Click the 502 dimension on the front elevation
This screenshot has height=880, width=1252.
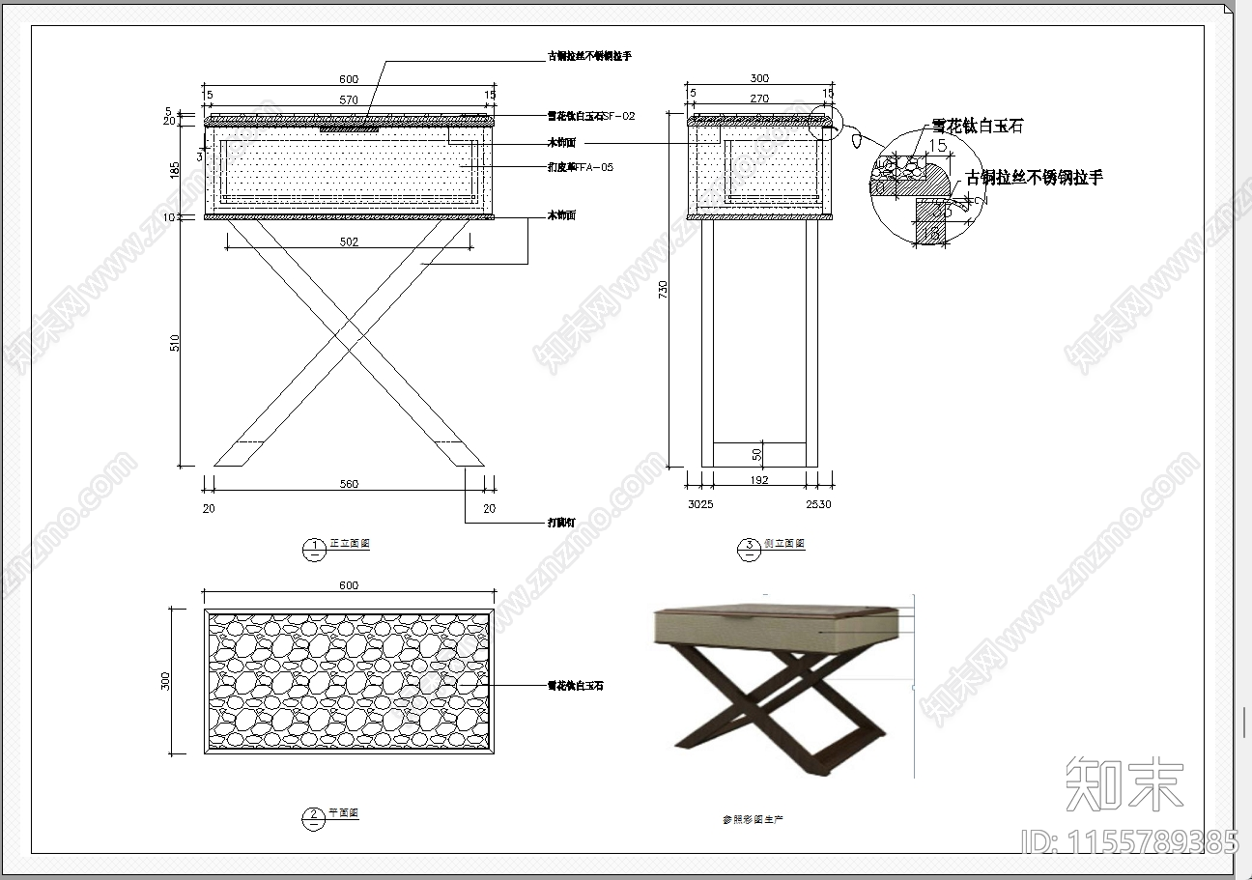[349, 242]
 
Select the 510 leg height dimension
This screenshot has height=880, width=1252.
[175, 342]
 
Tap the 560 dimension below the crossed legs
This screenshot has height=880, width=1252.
[349, 485]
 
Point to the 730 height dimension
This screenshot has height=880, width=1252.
[663, 291]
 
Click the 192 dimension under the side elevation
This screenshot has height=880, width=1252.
[759, 480]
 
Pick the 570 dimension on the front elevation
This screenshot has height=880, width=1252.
[349, 99]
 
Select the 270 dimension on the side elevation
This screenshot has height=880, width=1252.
[759, 99]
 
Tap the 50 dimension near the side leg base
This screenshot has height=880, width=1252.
[757, 453]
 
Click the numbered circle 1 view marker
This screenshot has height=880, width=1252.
[314, 548]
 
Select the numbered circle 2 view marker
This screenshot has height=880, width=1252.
[314, 818]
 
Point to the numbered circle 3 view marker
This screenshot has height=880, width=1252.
[749, 548]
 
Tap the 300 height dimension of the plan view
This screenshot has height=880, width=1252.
[165, 681]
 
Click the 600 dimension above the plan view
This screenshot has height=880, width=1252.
[349, 585]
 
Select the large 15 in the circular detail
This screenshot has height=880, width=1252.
[937, 146]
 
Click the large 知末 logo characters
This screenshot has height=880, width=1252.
[1124, 782]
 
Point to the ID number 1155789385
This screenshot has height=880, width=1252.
[1129, 841]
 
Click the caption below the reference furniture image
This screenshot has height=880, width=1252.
[754, 819]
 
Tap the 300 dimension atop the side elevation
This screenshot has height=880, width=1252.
[759, 78]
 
